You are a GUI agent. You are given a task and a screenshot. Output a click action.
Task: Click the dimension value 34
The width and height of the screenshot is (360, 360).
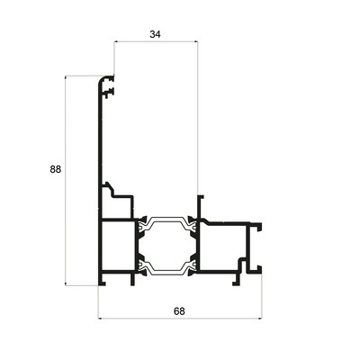(155, 34)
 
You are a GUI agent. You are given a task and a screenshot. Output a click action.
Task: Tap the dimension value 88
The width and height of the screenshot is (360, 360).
(56, 169)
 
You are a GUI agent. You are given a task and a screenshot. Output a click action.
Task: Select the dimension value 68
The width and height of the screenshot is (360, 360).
(179, 311)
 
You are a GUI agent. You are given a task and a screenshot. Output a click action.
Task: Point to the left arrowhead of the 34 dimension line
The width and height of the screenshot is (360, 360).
(116, 41)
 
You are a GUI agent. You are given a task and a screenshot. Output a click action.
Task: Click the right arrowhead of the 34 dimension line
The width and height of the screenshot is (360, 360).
(195, 41)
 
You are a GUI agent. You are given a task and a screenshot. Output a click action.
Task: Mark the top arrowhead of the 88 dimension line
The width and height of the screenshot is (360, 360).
(66, 78)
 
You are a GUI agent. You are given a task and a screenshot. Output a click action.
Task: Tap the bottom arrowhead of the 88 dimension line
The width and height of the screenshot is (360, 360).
(66, 283)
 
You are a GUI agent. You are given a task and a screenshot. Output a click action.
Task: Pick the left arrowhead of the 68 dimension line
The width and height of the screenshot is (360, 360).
(101, 319)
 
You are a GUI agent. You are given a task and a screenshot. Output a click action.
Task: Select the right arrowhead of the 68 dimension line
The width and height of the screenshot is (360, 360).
(260, 319)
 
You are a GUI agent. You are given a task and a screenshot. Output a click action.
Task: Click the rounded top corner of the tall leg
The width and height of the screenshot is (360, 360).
(101, 79)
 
